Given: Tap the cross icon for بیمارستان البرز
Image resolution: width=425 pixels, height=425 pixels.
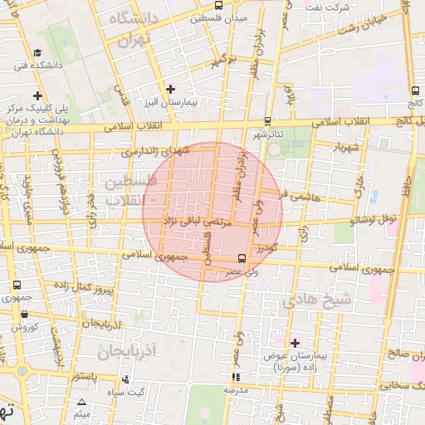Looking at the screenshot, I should [x=171, y=89].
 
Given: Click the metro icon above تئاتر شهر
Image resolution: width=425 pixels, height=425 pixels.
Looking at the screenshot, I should [x=266, y=120].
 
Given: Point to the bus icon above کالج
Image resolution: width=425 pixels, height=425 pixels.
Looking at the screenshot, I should [x=414, y=91].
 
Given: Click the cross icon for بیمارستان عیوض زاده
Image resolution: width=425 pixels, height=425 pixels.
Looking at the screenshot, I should [x=294, y=342].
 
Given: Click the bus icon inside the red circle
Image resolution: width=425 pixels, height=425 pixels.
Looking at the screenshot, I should [x=241, y=257].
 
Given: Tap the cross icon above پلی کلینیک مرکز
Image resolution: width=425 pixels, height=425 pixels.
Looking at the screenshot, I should [x=37, y=96].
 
